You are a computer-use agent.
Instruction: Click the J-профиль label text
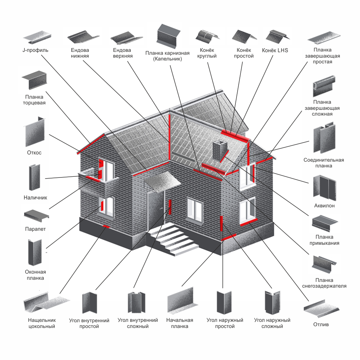pyautogui.click(x=35, y=50)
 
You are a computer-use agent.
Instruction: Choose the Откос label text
pyautogui.click(x=34, y=153)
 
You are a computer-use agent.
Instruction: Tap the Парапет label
pyautogui.click(x=35, y=229)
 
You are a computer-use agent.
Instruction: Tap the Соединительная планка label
pyautogui.click(x=324, y=163)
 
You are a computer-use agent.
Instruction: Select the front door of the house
pyautogui.click(x=154, y=212)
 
